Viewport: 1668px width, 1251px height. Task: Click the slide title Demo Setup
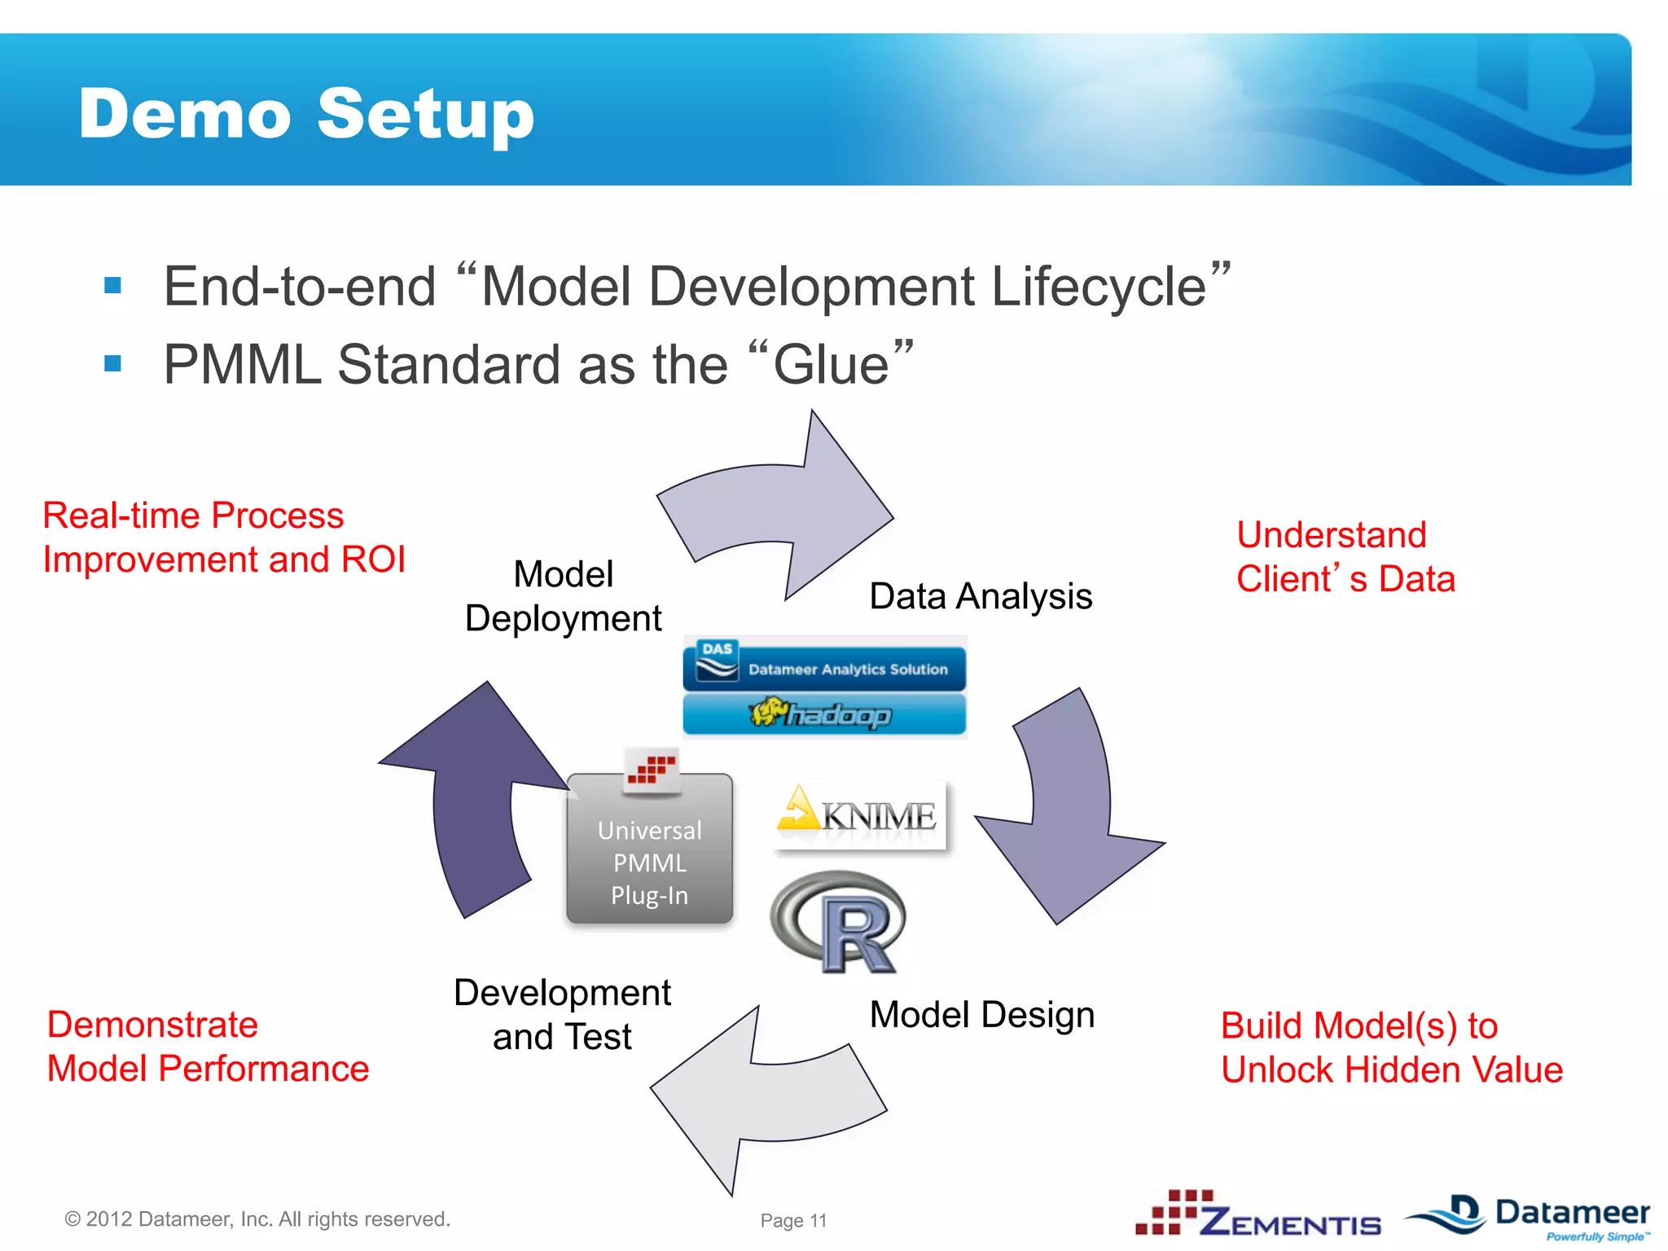click(306, 114)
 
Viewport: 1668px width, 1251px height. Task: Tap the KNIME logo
click(860, 814)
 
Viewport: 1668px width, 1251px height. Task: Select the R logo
click(839, 922)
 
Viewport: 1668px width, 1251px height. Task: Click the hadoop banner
click(824, 714)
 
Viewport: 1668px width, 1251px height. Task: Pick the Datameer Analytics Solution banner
click(824, 667)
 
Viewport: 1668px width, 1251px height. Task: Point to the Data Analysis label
click(981, 596)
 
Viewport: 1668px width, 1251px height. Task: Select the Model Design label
click(981, 1015)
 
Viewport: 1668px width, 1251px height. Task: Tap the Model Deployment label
click(563, 596)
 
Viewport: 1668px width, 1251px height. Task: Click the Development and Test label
click(562, 1015)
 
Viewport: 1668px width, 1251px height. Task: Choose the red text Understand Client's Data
click(1345, 557)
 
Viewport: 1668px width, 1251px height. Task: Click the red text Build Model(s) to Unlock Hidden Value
click(1391, 1047)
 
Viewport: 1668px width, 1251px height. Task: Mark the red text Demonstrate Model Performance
click(208, 1047)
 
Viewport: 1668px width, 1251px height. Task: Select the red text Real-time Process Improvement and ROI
click(224, 538)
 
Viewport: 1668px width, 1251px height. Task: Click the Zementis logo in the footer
click(1259, 1215)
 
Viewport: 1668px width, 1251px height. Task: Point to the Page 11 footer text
click(793, 1220)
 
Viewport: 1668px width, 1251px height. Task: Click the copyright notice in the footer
click(257, 1219)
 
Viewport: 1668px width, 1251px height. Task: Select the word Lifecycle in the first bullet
click(1098, 287)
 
